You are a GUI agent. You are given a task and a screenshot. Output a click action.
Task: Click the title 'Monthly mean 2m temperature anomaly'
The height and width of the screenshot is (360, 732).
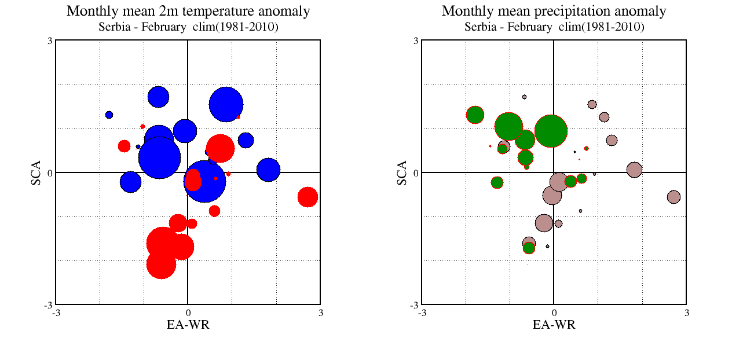188,11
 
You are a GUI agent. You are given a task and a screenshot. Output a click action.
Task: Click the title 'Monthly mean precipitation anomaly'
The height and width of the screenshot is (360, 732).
554,11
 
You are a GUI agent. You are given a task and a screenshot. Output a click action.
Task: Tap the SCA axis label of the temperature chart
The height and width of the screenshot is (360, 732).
36,173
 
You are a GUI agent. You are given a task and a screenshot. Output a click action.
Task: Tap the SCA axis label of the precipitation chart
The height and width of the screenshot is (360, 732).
402,173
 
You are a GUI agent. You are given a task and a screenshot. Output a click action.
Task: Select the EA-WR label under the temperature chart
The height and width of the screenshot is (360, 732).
188,324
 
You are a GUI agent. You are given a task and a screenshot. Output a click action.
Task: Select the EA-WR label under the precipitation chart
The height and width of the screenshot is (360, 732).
554,324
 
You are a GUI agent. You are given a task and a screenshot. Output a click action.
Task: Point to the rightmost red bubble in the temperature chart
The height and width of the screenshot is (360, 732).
308,197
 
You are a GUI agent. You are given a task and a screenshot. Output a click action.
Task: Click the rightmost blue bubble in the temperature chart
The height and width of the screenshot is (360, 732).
268,170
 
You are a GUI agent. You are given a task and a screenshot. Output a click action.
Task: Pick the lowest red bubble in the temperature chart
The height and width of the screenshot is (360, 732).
161,264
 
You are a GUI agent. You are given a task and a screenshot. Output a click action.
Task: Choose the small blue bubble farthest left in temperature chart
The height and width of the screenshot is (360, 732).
109,115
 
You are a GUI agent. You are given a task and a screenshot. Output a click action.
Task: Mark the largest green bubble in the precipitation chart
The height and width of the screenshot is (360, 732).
551,131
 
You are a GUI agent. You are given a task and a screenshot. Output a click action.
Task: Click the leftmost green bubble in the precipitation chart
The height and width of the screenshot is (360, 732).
475,115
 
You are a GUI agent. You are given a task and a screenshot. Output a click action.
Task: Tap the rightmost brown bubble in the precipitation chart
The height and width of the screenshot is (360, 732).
674,197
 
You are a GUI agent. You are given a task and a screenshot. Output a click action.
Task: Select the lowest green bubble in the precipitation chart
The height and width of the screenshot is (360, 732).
529,248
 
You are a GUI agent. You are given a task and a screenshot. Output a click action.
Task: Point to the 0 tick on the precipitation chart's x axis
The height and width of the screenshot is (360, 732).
554,313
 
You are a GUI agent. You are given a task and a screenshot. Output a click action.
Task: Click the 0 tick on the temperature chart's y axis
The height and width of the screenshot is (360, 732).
50,172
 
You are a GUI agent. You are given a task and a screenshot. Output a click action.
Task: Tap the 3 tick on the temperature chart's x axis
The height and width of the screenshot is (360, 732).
320,313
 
